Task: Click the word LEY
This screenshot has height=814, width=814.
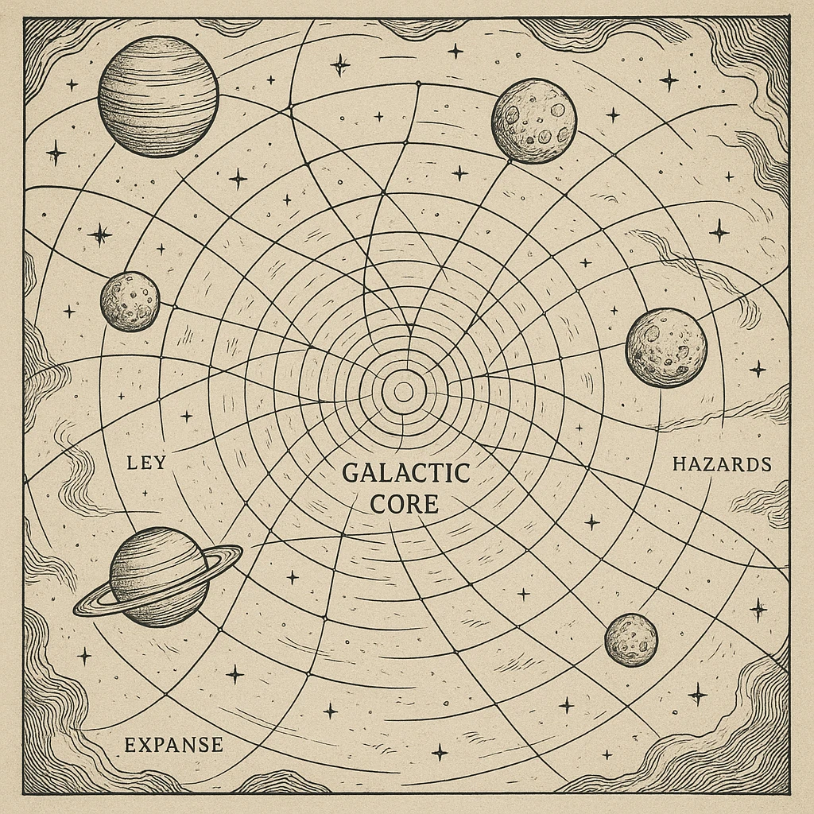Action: (146, 462)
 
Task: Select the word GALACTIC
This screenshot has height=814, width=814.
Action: (406, 474)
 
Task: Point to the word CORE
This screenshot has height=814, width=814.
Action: (406, 504)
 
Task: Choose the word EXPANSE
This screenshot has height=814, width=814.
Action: (173, 745)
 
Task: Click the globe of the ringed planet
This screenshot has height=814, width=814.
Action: (159, 576)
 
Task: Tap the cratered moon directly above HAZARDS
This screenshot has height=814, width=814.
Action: (666, 347)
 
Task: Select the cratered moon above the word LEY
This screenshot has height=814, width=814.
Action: (130, 301)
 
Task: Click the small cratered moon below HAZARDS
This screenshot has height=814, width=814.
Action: (631, 640)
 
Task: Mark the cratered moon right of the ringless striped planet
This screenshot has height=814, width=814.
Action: (533, 120)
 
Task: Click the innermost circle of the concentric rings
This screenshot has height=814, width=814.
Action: (404, 391)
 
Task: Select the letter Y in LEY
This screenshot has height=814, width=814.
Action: (159, 462)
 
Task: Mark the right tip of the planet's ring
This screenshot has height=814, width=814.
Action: (241, 548)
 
